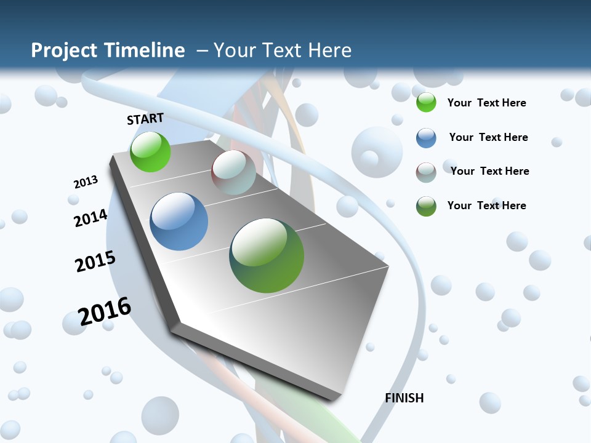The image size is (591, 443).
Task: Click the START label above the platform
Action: coord(145,119)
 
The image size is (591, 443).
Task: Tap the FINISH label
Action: coord(404,398)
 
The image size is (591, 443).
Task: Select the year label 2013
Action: coord(86,182)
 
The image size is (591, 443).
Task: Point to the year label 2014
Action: coord(91,218)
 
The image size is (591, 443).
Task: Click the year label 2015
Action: coord(95,261)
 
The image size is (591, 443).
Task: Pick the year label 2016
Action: coord(105,311)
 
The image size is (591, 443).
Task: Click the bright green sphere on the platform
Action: coord(150,151)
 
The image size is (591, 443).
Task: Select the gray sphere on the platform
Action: coord(233,172)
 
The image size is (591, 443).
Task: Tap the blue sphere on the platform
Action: coord(179,221)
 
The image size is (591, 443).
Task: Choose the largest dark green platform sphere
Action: coord(267,255)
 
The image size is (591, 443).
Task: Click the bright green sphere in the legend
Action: coord(426,103)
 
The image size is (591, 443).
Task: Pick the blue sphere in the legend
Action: coord(426,138)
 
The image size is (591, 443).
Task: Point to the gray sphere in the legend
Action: coord(426,172)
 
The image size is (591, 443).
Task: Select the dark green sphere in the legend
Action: coord(426,206)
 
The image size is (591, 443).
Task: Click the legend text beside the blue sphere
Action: coord(488,137)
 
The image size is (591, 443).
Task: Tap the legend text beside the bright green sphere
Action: coord(486,103)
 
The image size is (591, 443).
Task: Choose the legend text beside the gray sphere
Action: coord(489,171)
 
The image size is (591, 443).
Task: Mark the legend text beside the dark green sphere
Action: coord(486,206)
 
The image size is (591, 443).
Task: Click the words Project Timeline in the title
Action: coord(108,50)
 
